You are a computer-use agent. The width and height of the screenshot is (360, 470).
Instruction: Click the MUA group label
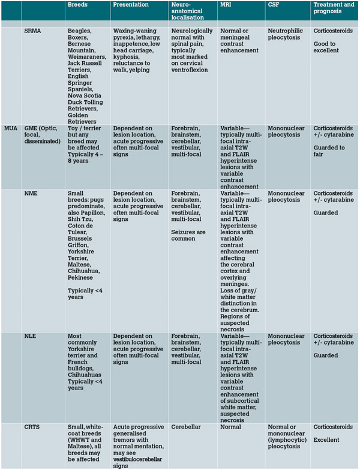click(10, 128)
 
